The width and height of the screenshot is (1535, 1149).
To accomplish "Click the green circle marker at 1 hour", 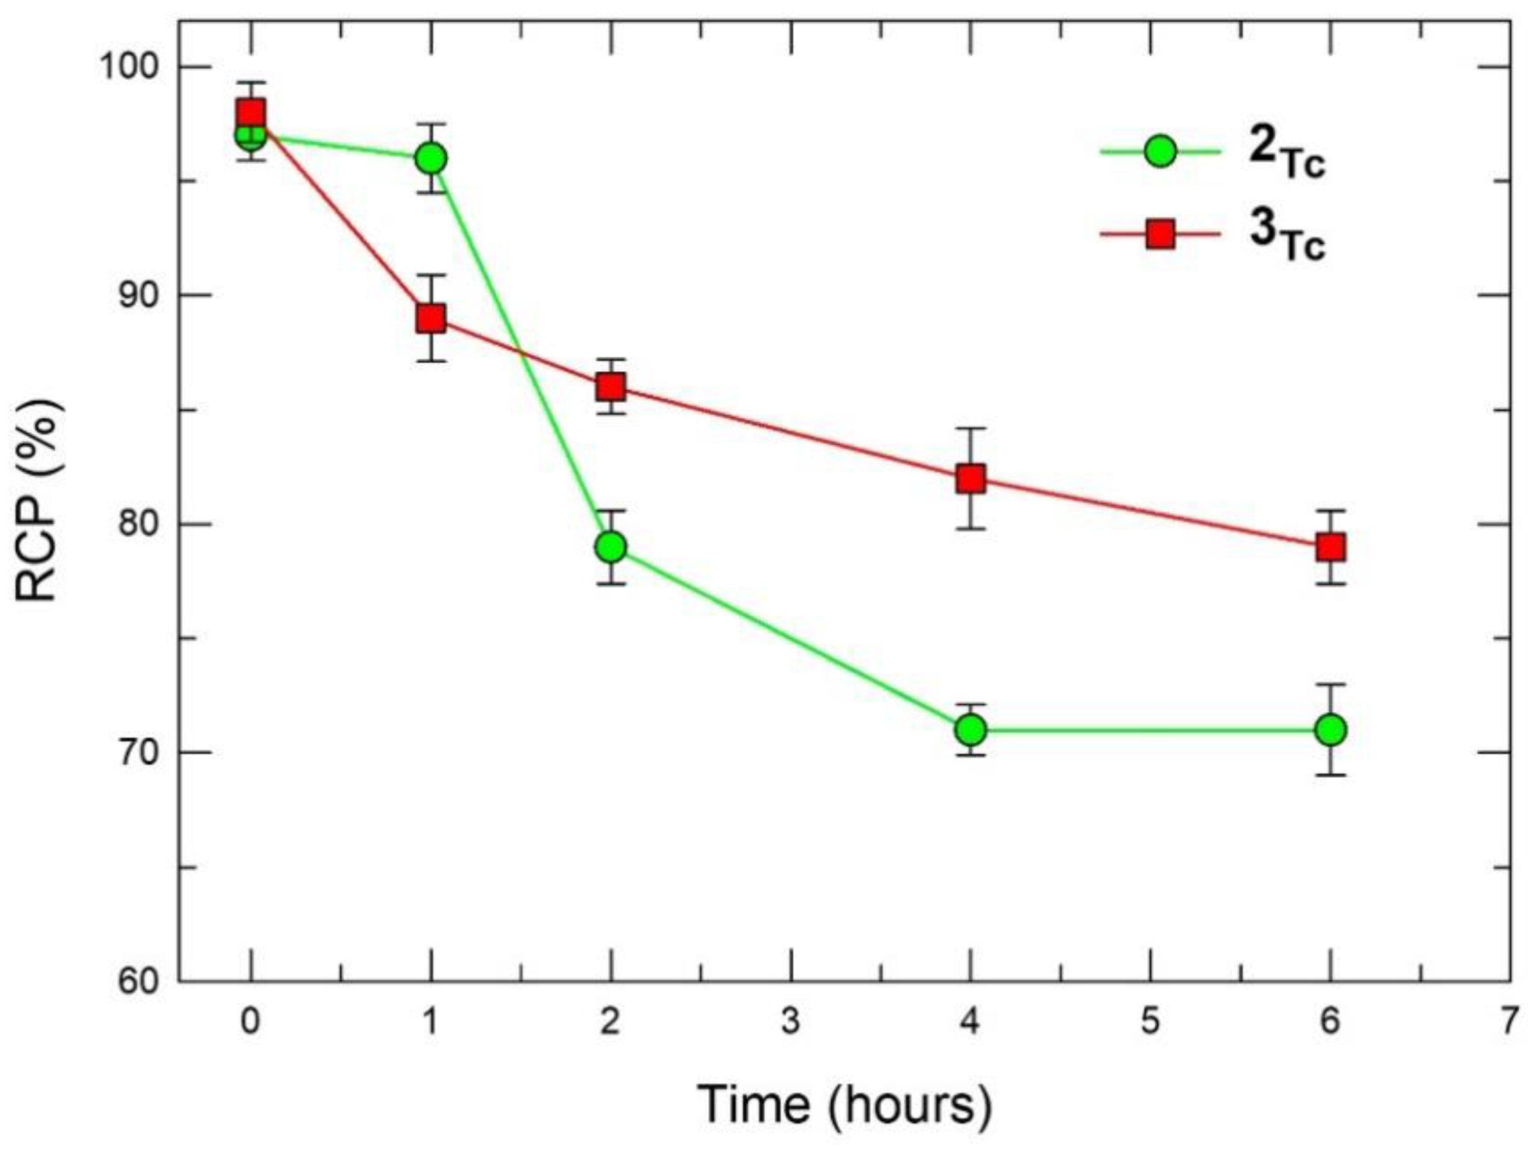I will point(431,159).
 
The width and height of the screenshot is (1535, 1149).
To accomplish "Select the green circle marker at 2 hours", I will point(610,547).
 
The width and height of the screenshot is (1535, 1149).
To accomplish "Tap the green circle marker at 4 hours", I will point(970,730).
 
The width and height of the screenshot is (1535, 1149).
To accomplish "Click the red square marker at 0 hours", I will point(250,113).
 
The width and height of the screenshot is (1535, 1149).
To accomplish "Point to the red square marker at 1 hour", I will point(431,319).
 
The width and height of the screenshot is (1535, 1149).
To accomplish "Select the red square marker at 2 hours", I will point(610,387).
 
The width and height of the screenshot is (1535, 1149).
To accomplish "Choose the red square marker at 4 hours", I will point(970,479).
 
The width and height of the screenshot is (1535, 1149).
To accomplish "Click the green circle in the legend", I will point(1160,151).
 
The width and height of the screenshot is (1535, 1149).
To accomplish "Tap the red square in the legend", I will point(1160,235).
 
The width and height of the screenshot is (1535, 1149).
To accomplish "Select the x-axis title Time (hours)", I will point(844,1103).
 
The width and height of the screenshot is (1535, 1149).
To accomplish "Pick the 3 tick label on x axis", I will point(790,1022).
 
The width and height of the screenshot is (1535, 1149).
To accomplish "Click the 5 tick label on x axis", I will point(1151,1022).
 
